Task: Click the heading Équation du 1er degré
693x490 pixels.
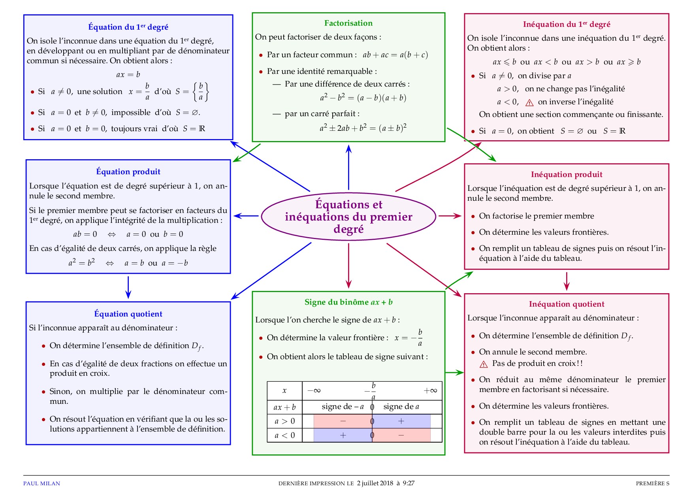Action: click(x=128, y=27)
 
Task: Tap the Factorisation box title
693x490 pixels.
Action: click(x=348, y=23)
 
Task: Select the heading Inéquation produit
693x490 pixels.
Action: click(x=566, y=175)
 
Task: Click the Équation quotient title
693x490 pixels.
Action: click(x=128, y=314)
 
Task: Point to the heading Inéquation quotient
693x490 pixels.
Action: click(x=566, y=304)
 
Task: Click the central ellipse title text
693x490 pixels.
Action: click(x=348, y=217)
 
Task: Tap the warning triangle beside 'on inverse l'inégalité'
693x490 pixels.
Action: click(x=529, y=103)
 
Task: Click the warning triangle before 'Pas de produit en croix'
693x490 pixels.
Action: click(x=484, y=364)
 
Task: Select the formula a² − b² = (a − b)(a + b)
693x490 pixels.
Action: click(x=363, y=98)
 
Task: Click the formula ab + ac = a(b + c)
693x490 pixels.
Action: click(x=395, y=55)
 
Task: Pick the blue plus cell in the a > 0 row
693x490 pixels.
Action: click(x=401, y=421)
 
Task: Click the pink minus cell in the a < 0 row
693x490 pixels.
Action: click(x=401, y=435)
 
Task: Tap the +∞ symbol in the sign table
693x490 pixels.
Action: click(x=430, y=391)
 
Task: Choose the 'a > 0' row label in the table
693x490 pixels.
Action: click(x=284, y=421)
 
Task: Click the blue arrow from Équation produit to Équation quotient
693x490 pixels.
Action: click(x=128, y=287)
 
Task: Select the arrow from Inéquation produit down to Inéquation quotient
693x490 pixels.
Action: click(x=567, y=281)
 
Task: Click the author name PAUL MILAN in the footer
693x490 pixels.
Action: click(x=41, y=483)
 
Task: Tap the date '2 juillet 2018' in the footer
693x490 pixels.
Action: click(x=375, y=483)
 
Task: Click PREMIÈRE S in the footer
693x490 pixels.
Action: click(x=652, y=483)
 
